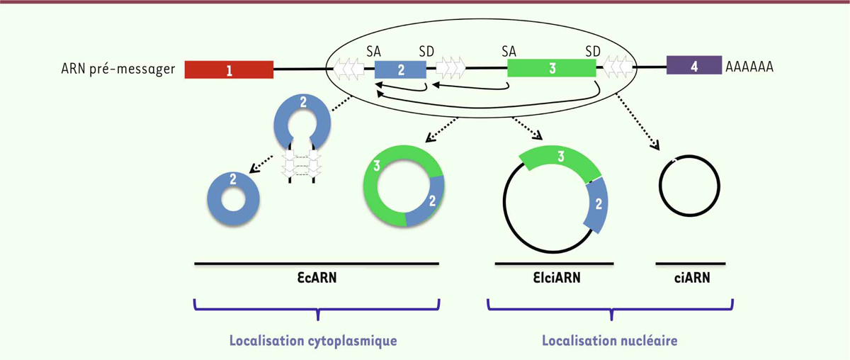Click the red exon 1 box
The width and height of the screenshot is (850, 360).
(x=229, y=69)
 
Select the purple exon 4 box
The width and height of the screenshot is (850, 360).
(x=694, y=65)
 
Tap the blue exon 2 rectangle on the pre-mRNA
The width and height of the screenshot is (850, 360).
(x=400, y=69)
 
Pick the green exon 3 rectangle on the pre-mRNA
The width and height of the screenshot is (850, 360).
(x=552, y=68)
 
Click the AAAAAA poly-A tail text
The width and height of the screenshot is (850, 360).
(x=749, y=67)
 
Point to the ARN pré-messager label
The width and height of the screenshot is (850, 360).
(x=118, y=69)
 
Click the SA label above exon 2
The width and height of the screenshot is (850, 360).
(x=373, y=51)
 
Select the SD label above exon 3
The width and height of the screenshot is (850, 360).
(x=593, y=51)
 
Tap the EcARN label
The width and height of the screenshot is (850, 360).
(x=317, y=278)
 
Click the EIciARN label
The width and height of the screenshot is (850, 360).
(x=557, y=278)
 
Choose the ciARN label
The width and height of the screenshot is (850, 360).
(x=692, y=278)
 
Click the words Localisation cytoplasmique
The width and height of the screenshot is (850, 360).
(x=313, y=341)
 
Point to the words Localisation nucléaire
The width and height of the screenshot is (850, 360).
(x=609, y=340)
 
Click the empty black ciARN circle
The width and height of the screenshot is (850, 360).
(x=659, y=186)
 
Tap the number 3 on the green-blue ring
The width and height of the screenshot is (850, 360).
(x=376, y=166)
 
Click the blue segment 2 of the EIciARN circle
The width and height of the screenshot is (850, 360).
(x=598, y=205)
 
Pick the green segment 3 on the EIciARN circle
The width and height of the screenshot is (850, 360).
(x=560, y=157)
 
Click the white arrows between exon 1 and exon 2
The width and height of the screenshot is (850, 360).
(x=348, y=68)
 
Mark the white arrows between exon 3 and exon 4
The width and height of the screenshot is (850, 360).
(x=618, y=67)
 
